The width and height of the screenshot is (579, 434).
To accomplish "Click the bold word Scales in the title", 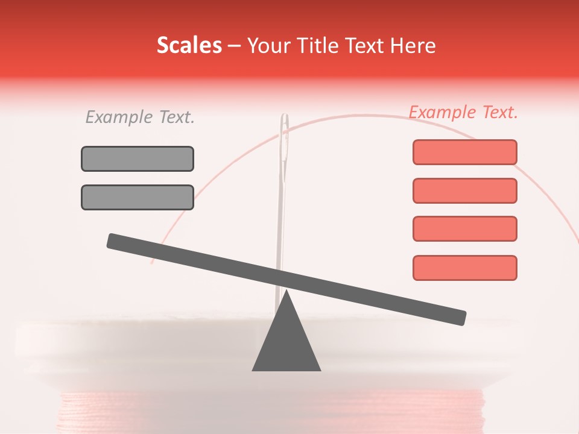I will pos(189,45).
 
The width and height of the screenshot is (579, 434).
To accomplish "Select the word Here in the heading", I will pos(413,46).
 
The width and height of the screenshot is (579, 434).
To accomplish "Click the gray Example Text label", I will pos(140,117).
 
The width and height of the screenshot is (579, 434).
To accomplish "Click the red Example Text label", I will pos(463,112).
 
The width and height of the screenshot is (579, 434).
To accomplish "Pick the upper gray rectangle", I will pos(138,159).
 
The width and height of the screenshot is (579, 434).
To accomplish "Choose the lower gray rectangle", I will pos(138,197).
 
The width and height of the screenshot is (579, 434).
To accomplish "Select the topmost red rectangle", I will pos(464,152).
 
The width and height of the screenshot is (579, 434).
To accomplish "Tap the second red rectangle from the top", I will pos(464,190).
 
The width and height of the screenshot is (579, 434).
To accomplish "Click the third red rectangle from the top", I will pos(464,228).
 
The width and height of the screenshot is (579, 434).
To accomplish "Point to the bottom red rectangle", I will pos(464,268).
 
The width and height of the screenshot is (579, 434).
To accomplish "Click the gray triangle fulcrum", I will pos(286,344).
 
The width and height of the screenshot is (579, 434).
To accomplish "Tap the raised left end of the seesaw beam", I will pos(115,241).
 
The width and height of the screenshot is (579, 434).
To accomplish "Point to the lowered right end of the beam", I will pos(458,317).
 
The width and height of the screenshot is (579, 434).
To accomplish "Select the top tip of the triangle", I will pos(286,293).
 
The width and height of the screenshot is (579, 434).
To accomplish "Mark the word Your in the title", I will pos(267,46).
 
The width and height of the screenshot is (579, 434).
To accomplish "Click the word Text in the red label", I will pos(498,112).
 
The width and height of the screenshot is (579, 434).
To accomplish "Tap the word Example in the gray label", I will pos(119,117).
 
